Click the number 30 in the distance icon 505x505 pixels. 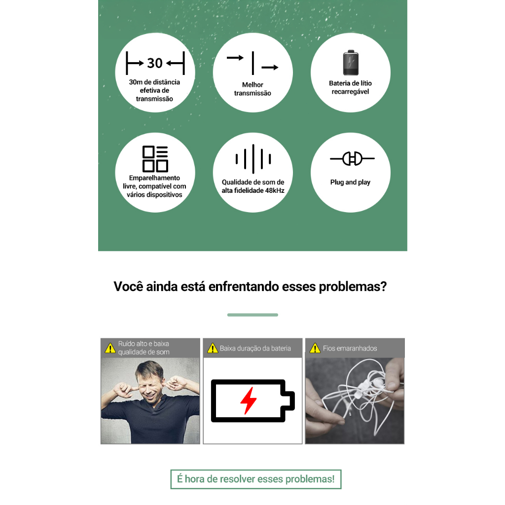(x=155, y=63)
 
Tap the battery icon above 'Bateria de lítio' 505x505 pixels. (x=351, y=63)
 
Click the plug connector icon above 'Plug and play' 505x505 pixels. (x=352, y=158)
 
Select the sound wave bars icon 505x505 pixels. (x=253, y=159)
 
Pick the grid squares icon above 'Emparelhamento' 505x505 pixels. (x=155, y=159)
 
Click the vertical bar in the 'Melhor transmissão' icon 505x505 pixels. (x=253, y=63)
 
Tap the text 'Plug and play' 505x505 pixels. (x=351, y=182)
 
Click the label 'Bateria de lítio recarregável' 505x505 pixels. (x=351, y=87)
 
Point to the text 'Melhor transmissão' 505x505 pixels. (x=252, y=89)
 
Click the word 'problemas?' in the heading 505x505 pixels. (x=353, y=287)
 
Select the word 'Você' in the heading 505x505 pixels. (x=128, y=287)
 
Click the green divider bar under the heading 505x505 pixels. (x=252, y=315)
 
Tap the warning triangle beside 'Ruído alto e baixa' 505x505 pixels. (x=110, y=348)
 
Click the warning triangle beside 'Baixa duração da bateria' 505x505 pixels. (x=213, y=348)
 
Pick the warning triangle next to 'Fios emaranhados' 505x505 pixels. (x=315, y=348)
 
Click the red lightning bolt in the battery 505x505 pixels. (x=249, y=400)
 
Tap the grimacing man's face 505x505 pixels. (x=149, y=385)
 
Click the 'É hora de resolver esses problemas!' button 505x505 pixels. (x=256, y=479)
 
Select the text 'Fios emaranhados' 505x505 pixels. (x=350, y=348)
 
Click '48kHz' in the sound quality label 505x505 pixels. (x=275, y=191)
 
